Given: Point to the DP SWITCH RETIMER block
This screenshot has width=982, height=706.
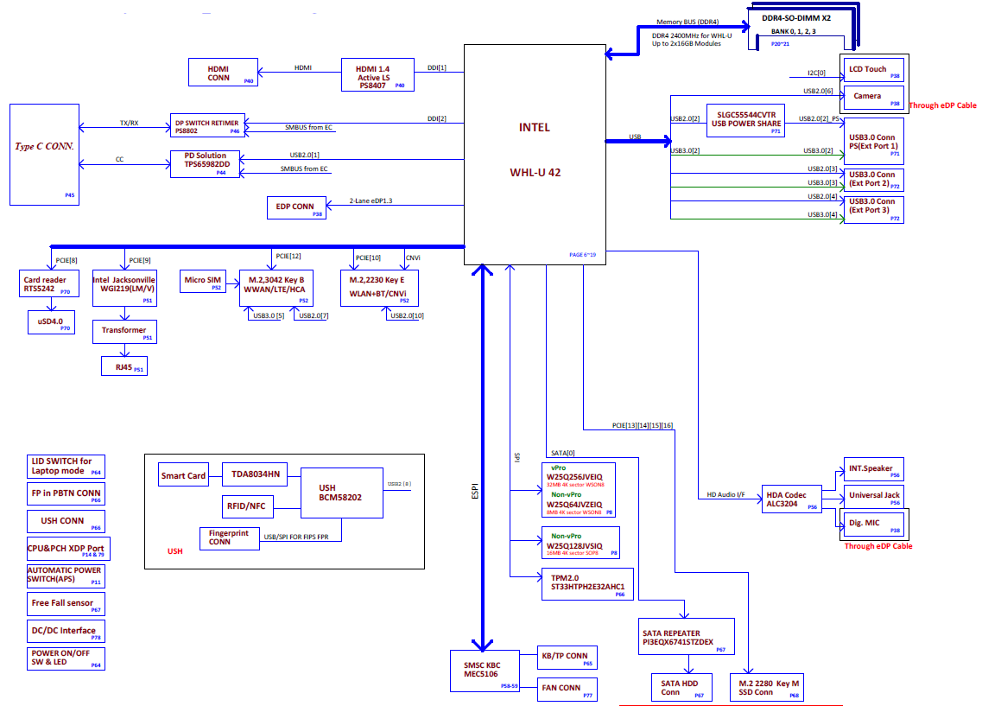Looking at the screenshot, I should coord(206,126).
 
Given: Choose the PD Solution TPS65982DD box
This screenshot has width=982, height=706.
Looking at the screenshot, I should coord(206,162).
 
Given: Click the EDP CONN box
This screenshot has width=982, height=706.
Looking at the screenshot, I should coord(295,207).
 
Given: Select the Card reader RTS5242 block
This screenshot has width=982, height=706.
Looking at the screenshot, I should coord(45,285).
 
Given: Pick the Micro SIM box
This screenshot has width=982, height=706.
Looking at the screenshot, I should coord(202,283).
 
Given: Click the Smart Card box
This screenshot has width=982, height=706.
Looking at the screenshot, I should coord(183,475).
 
